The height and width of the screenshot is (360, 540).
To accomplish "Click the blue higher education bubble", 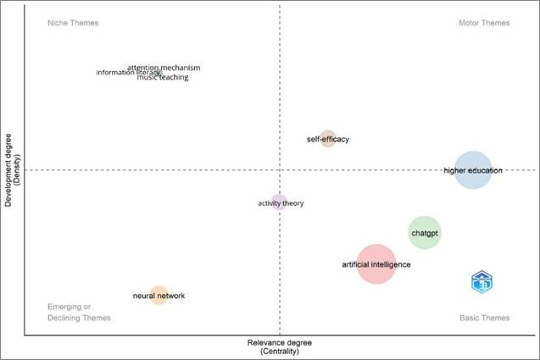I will [472, 169].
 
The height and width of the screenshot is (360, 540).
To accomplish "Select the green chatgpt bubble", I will [425, 232].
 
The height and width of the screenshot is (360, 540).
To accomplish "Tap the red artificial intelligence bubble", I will [376, 264].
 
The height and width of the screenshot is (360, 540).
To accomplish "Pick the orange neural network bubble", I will [159, 296].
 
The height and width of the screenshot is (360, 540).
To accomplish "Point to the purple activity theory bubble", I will [279, 202].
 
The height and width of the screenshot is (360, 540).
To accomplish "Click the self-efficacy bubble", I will [328, 139].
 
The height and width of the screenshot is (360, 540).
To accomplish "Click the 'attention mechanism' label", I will [164, 67].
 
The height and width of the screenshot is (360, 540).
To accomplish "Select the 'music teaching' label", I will [163, 77].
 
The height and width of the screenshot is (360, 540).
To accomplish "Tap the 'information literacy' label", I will [125, 72].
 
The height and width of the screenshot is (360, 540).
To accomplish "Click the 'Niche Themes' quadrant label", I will [73, 23].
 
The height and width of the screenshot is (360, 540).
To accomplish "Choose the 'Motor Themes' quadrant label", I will [484, 23].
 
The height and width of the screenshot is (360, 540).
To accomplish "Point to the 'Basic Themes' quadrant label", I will [484, 318].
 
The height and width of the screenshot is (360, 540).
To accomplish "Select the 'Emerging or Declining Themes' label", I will [79, 312].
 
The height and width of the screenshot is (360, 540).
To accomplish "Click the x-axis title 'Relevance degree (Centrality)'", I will [279, 346].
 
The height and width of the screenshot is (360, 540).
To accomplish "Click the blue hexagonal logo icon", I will [482, 282].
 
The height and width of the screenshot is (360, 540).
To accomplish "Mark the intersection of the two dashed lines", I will [279, 170].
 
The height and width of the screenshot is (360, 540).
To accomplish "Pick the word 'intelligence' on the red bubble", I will [391, 264].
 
